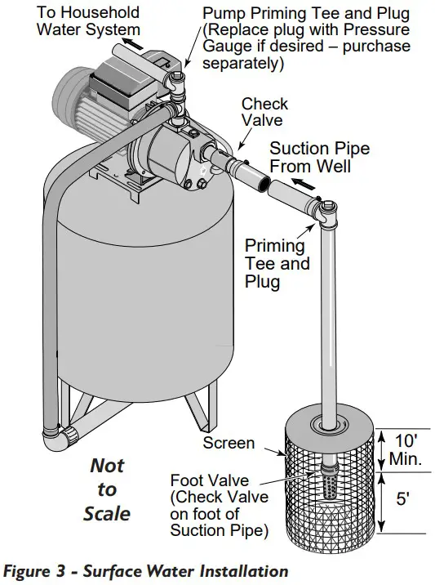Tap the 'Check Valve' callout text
tap(264, 113)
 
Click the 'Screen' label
tap(229, 444)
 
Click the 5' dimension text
tap(402, 499)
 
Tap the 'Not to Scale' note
tap(106, 489)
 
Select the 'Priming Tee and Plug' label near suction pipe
tap(277, 263)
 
